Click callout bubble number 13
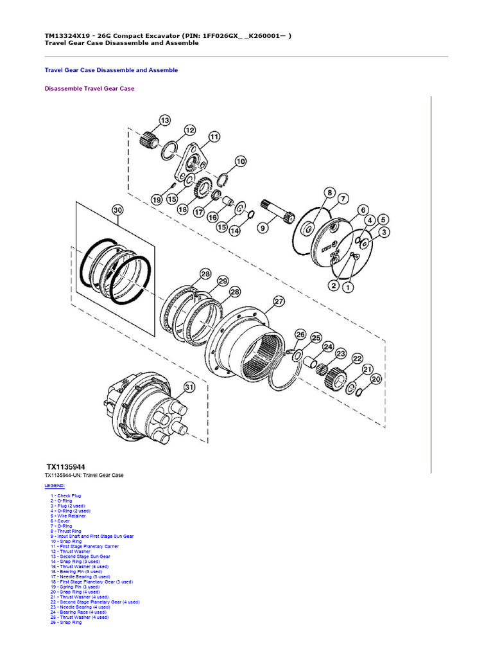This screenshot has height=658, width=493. pyautogui.click(x=165, y=120)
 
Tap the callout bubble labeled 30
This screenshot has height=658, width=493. pyautogui.click(x=117, y=210)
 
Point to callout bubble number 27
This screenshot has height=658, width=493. pyautogui.click(x=278, y=301)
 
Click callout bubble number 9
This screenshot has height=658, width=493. pyautogui.click(x=262, y=227)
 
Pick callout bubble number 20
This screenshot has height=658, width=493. pyautogui.click(x=376, y=379)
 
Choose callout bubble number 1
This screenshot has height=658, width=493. pyautogui.click(x=347, y=288)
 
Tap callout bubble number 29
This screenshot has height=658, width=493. pyautogui.click(x=222, y=281)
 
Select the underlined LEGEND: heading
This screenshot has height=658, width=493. pyautogui.click(x=55, y=486)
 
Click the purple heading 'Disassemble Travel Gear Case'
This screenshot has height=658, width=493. pyautogui.click(x=89, y=89)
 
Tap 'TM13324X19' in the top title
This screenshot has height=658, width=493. pyautogui.click(x=67, y=35)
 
